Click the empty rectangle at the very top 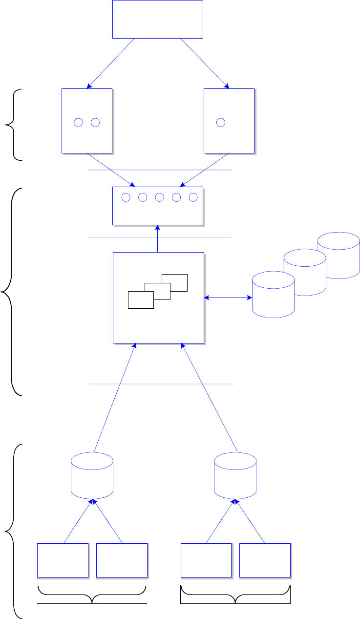coord(158,19)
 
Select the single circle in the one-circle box coord(221,122)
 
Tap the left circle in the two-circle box coord(78,122)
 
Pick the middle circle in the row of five coord(159,197)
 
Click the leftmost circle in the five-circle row coord(126,197)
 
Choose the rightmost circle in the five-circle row coord(193,197)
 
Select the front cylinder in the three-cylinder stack coord(273,296)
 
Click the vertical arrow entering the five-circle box coord(158,239)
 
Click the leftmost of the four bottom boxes coord(63,560)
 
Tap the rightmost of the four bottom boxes coord(265,560)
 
